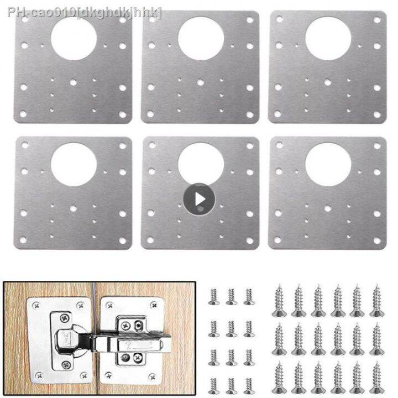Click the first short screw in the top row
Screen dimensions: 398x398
(x=213, y=296)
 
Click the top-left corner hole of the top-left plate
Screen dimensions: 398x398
(x=24, y=20)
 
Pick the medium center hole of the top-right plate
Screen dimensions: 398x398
(x=328, y=82)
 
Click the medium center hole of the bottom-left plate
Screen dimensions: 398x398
(x=74, y=209)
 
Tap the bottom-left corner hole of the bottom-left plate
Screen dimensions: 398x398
(x=24, y=239)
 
